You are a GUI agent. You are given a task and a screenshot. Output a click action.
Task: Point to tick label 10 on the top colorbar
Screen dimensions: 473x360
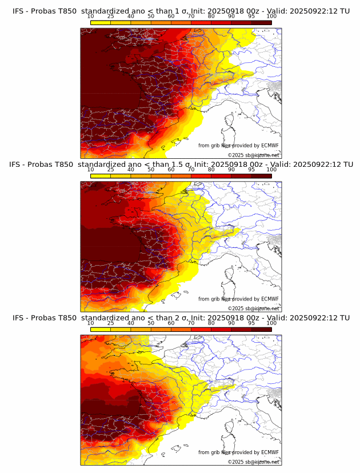(x=90, y=16)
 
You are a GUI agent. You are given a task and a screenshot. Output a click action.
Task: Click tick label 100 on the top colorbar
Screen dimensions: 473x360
(x=271, y=16)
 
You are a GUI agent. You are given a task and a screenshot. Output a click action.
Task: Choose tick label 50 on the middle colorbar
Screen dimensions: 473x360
(x=151, y=170)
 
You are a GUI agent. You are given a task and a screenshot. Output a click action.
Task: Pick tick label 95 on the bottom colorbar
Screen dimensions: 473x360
(x=251, y=323)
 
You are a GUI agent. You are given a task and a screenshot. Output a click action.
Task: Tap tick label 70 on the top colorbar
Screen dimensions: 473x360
(x=191, y=16)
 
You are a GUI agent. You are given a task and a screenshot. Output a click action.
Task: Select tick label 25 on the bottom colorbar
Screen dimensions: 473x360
(x=110, y=323)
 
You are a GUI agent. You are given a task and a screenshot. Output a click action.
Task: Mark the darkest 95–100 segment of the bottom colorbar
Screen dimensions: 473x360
(x=262, y=329)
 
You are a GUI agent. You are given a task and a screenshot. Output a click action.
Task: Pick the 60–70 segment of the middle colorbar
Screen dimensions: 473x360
(x=181, y=175)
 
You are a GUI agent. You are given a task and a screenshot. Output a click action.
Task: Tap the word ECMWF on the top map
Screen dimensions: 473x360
(x=269, y=146)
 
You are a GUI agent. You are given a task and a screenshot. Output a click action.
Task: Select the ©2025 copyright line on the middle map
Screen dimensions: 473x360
(x=253, y=308)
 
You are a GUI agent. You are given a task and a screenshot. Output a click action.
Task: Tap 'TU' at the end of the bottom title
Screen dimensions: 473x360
(x=345, y=318)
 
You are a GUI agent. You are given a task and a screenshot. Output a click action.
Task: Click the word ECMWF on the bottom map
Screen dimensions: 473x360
(x=269, y=452)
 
